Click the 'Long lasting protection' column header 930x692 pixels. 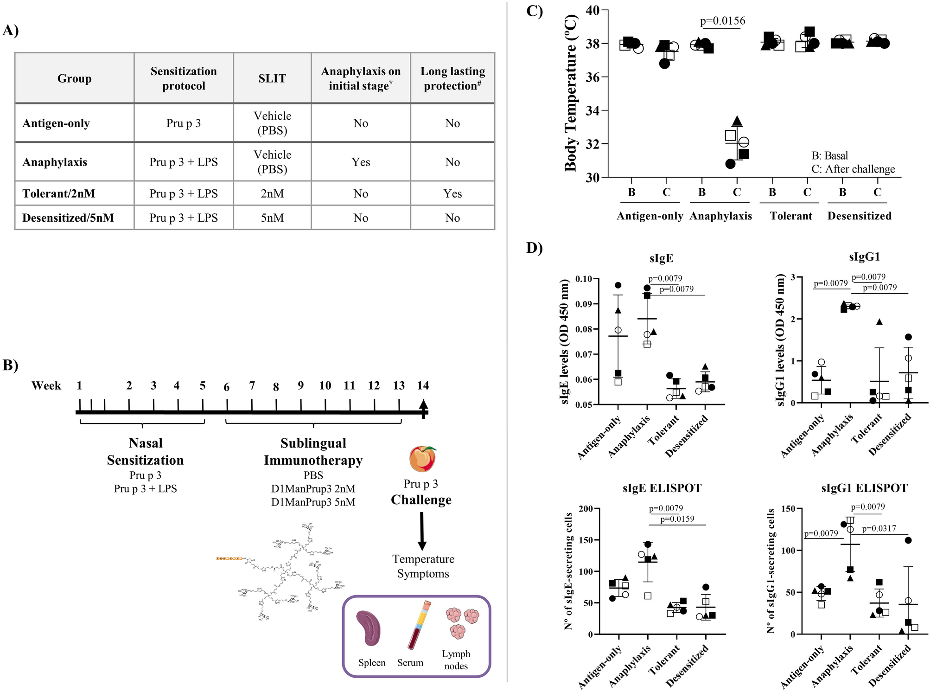(x=452, y=78)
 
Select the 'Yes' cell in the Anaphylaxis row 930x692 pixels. (x=361, y=162)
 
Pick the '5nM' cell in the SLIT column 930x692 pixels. (x=272, y=218)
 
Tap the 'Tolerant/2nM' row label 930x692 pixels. (x=59, y=193)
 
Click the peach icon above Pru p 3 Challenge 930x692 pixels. (x=422, y=459)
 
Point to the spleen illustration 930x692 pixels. (x=369, y=628)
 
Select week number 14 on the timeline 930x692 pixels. (x=423, y=385)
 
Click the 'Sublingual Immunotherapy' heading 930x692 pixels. (x=313, y=452)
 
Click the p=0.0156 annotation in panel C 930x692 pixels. (x=722, y=21)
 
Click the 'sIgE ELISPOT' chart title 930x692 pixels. (x=662, y=488)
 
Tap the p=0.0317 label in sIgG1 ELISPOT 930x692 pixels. (x=879, y=528)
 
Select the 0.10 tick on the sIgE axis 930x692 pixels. (x=584, y=279)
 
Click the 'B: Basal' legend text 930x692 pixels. (x=829, y=155)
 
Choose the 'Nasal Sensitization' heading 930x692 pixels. (x=146, y=452)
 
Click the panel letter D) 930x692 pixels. (x=534, y=248)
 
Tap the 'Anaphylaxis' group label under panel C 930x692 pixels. (x=720, y=216)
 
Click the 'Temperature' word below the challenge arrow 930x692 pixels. (x=423, y=559)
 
